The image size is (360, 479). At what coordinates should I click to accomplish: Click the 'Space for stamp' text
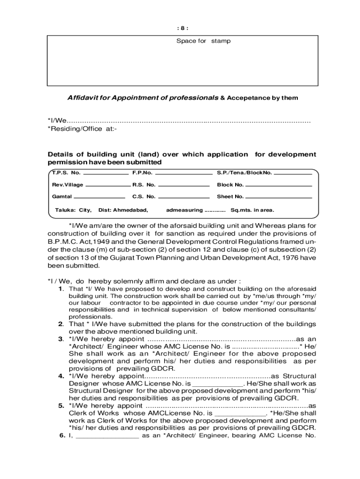(x=203, y=41)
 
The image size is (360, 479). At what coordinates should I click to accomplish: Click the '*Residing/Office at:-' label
(x=82, y=129)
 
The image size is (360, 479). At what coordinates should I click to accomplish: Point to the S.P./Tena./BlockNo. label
(x=244, y=173)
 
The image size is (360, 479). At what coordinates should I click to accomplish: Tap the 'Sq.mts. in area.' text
(x=252, y=210)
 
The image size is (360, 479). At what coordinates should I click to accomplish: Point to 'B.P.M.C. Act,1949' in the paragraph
(x=76, y=241)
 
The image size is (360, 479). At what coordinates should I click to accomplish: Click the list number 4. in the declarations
(x=61, y=376)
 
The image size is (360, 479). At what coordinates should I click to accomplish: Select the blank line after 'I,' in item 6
(x=107, y=435)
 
